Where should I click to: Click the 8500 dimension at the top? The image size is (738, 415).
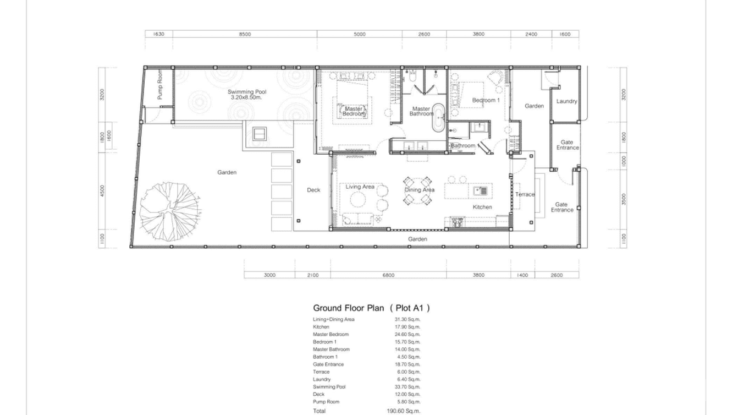(245, 34)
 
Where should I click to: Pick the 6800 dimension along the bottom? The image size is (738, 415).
(388, 275)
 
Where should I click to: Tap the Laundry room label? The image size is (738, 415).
(566, 101)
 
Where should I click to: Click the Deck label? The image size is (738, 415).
(313, 190)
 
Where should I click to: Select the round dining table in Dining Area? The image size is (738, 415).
(417, 190)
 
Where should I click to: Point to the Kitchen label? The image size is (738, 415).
(482, 207)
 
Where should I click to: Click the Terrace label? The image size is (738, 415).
(525, 194)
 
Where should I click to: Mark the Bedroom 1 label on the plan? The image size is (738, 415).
(486, 100)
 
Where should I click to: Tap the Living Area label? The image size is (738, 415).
(360, 187)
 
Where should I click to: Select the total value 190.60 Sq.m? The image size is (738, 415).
(403, 411)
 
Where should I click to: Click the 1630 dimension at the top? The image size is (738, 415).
(158, 34)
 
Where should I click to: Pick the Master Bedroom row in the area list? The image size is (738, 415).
(331, 335)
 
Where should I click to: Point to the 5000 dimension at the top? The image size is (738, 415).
(359, 34)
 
